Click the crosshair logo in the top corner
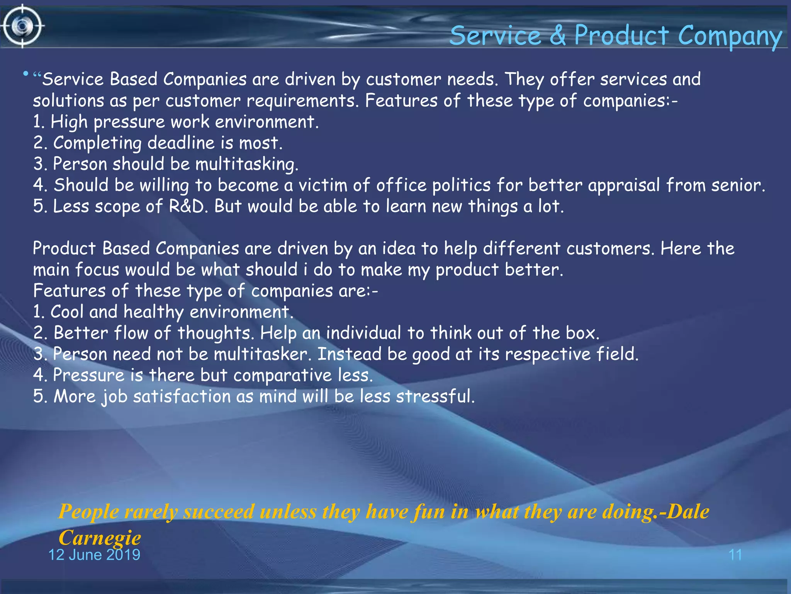[22, 26]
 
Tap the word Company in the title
[730, 36]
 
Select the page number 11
[735, 555]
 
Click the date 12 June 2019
[94, 555]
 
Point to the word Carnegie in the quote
[100, 537]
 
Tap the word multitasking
[247, 164]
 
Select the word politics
[462, 185]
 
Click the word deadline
[181, 143]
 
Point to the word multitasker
[262, 354]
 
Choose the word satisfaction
[182, 396]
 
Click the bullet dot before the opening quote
[25, 73]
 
